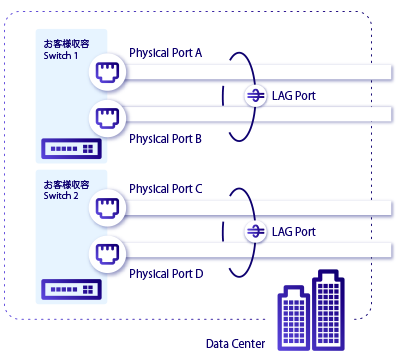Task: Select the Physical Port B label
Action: click(x=166, y=138)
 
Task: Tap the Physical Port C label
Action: click(x=166, y=188)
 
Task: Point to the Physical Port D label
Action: click(x=166, y=273)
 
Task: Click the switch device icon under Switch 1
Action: click(x=71, y=150)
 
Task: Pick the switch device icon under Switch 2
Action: click(x=71, y=289)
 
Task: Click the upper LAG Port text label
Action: click(x=293, y=97)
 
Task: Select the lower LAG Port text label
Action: click(x=293, y=232)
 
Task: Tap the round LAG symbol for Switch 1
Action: click(x=255, y=97)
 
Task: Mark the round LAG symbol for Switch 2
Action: click(x=255, y=232)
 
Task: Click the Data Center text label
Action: click(x=235, y=344)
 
